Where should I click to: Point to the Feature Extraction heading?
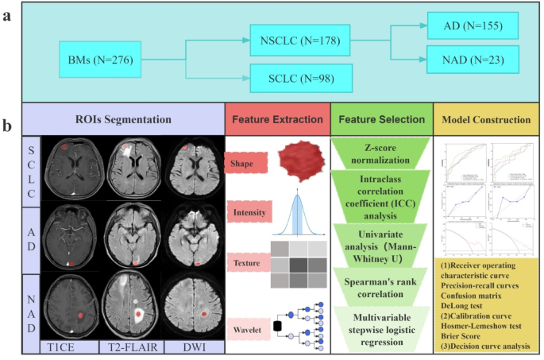pos(276,119)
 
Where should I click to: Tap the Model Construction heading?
pos(486,119)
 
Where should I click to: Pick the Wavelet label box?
pos(247,324)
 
